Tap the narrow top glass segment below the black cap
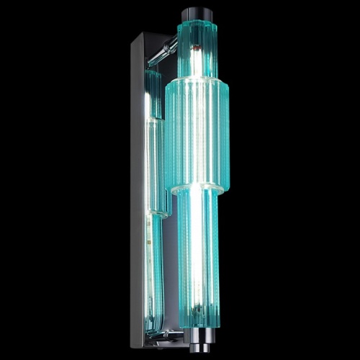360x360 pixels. [x=195, y=47]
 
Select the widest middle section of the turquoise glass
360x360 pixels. [x=197, y=137]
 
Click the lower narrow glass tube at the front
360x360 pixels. [x=198, y=259]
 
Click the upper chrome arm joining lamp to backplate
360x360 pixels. [x=169, y=48]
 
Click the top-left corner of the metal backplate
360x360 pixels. [x=133, y=34]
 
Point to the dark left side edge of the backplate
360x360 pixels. [x=135, y=187]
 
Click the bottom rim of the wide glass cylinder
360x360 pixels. [x=197, y=191]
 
